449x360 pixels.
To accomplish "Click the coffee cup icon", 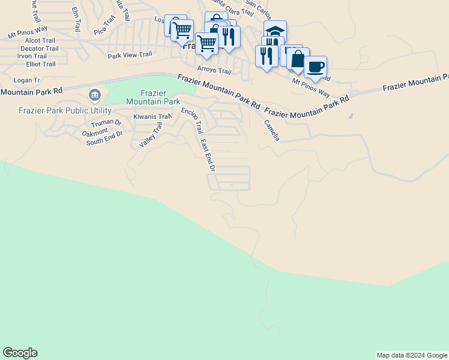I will [x=315, y=66].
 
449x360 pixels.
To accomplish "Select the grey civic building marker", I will [x=94, y=95].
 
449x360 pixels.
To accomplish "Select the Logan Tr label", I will [x=26, y=80].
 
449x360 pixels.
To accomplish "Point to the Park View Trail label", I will [x=130, y=55].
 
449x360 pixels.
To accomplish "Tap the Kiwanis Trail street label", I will [x=152, y=116].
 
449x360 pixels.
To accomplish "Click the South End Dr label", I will [x=104, y=142].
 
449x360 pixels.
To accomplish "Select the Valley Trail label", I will [x=151, y=135].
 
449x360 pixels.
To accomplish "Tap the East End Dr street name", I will [x=208, y=155].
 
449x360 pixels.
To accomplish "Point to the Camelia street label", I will [x=272, y=130].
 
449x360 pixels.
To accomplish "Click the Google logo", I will [x=20, y=353].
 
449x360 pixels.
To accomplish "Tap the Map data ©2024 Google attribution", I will [x=412, y=355].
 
